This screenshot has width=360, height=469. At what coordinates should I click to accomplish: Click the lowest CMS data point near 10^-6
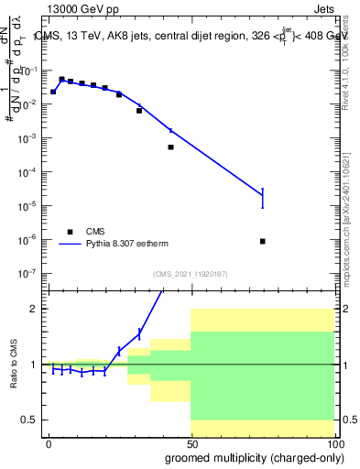(x=263, y=241)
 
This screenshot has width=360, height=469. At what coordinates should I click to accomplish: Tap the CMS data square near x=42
(x=170, y=147)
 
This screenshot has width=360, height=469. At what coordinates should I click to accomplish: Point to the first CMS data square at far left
(x=53, y=92)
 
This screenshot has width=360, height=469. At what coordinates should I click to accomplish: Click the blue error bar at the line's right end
(x=263, y=198)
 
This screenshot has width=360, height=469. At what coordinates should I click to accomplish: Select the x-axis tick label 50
(x=191, y=443)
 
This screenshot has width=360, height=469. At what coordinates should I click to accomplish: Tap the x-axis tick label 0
(x=49, y=443)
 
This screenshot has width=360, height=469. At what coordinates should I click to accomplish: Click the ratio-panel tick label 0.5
(x=29, y=420)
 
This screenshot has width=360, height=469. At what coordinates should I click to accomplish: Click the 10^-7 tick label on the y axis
(x=28, y=273)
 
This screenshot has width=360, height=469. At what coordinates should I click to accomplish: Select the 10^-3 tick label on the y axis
(x=28, y=137)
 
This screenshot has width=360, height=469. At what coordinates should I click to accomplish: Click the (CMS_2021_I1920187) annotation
(x=191, y=274)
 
